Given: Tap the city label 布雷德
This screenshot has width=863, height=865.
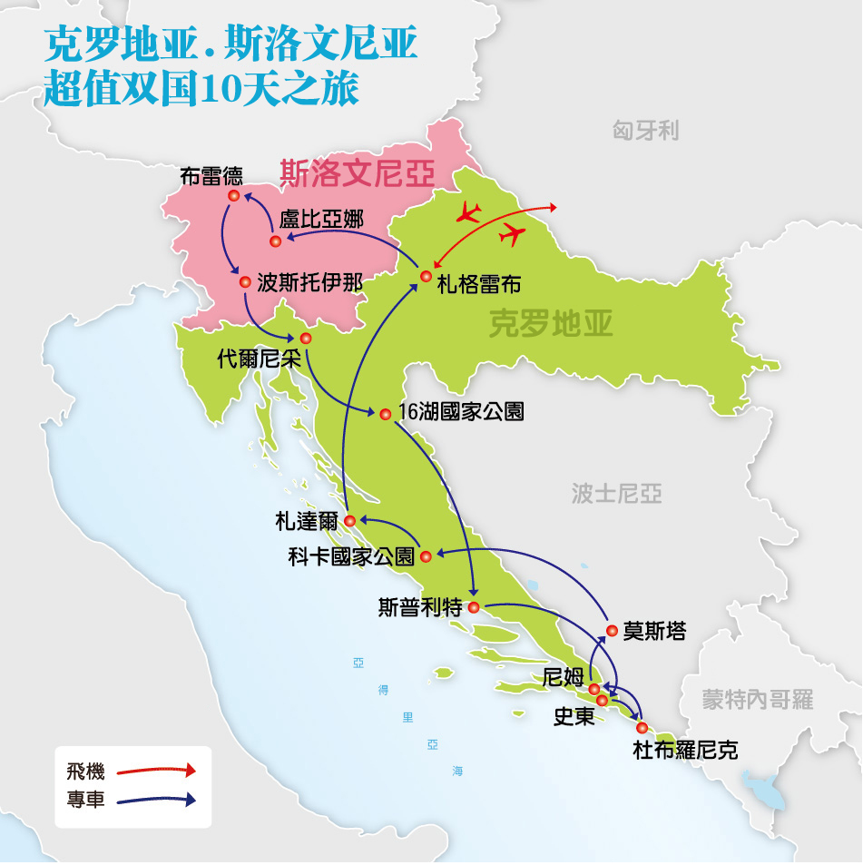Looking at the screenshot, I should pos(211,175).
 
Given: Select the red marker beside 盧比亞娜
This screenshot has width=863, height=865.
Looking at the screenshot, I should pos(275,241).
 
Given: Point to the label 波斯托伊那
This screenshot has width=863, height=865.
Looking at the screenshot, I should pos(309,282).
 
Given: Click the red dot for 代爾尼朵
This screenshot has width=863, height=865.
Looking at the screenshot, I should pos(306,339).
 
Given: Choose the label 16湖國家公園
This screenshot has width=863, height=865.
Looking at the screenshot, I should pos(461,412).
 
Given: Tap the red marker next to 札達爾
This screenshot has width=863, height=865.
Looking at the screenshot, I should pos(349,520).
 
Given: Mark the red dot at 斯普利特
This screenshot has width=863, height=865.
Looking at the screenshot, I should pos(473,607).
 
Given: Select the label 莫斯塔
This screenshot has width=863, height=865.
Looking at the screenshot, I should pos(654,632).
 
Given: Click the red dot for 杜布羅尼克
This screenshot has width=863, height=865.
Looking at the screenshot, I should pos(642,728).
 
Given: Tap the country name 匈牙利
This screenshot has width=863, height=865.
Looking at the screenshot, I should pos(645,132).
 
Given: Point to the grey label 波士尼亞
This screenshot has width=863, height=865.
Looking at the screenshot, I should pos(616,493).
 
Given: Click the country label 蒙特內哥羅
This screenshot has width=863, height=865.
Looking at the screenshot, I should pos(758,699).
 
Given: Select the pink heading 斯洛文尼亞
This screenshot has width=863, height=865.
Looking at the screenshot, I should pos(357,172).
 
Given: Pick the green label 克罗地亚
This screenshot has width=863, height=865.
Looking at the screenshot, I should pos(551,323).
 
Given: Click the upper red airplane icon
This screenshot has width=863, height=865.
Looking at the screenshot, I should pos(468,213).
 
